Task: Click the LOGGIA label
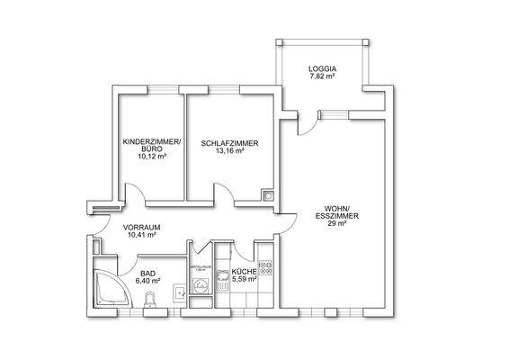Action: [x=321, y=68]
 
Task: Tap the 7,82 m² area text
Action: [x=321, y=77]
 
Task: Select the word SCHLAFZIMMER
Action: [x=230, y=143]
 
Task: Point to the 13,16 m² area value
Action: [x=230, y=151]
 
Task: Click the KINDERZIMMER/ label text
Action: [x=152, y=143]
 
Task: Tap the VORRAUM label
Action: [x=141, y=227]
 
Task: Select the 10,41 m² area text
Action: [x=141, y=235]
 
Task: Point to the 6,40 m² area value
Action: [x=147, y=280]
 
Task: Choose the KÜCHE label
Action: [x=245, y=271]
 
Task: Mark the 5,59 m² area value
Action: [x=245, y=280]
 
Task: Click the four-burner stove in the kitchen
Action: [x=264, y=256]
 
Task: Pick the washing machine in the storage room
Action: [x=199, y=284]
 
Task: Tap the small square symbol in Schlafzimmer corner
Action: [x=267, y=193]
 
